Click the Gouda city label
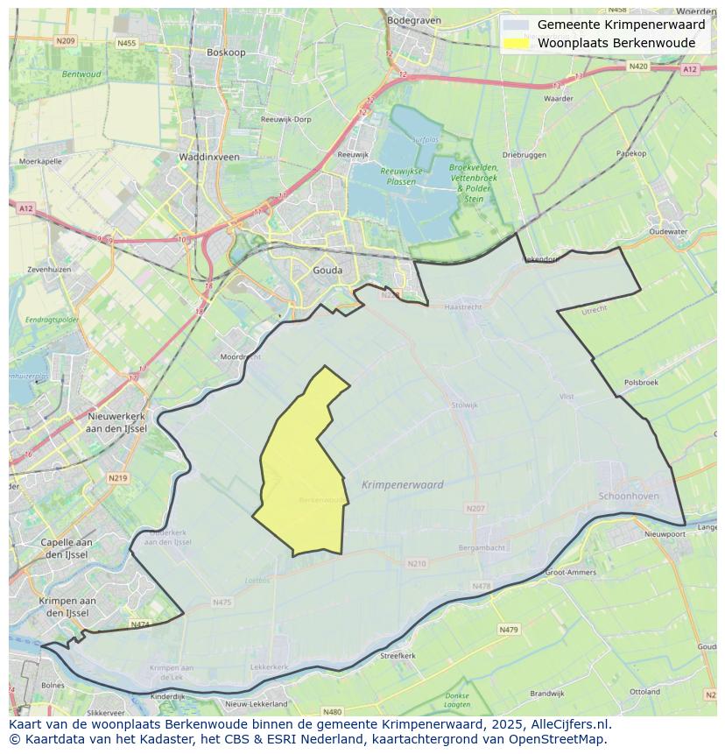tap(327, 271)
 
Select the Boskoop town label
tap(226, 53)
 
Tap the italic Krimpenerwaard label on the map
tap(402, 484)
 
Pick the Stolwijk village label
tap(464, 405)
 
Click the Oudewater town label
tap(668, 232)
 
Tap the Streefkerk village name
tap(398, 655)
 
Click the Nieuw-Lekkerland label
tap(257, 703)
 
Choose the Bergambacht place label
tap(482, 547)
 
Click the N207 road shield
tap(475, 508)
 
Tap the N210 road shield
tap(417, 563)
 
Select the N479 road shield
tap(509, 629)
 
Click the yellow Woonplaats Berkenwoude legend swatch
tap(517, 43)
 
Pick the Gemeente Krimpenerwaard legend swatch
tap(517, 25)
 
